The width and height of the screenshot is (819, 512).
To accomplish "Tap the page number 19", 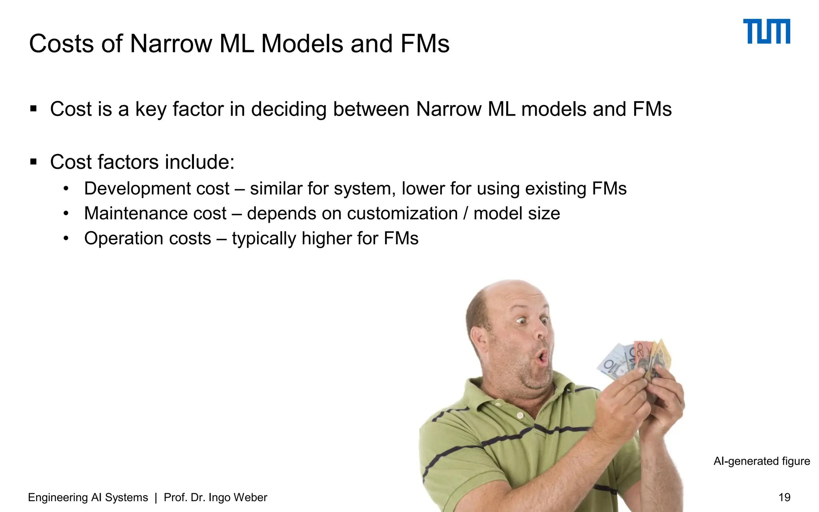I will pyautogui.click(x=784, y=497).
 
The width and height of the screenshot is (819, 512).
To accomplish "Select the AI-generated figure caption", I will pyautogui.click(x=761, y=461).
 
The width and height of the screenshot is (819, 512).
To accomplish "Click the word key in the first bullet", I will pyautogui.click(x=150, y=109).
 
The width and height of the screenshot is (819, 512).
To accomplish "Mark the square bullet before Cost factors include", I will pyautogui.click(x=34, y=162).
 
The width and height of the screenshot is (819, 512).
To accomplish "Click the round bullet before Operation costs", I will pyautogui.click(x=66, y=238).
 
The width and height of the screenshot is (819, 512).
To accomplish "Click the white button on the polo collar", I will pyautogui.click(x=520, y=416).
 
